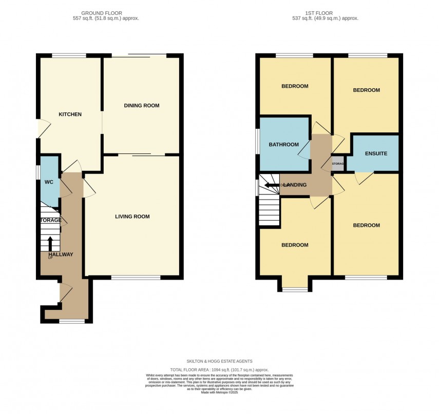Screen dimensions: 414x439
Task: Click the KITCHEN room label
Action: pos(70,114)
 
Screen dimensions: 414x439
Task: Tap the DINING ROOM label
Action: pos(142,106)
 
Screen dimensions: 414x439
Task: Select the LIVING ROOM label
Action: pos(132,216)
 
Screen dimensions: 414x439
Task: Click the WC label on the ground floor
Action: pos(49,182)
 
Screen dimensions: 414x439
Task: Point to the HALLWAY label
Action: pos(61,254)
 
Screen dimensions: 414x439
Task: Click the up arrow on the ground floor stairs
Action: pos(50,243)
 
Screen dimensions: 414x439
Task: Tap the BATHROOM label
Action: pos(283,145)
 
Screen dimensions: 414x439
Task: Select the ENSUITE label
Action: pos(376,154)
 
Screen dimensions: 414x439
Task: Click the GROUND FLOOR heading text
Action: pos(110,13)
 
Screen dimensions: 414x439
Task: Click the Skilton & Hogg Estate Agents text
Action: pos(219,361)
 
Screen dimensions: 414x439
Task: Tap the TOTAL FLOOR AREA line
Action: pos(219,370)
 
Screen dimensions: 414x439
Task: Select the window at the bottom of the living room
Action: pos(136,278)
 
